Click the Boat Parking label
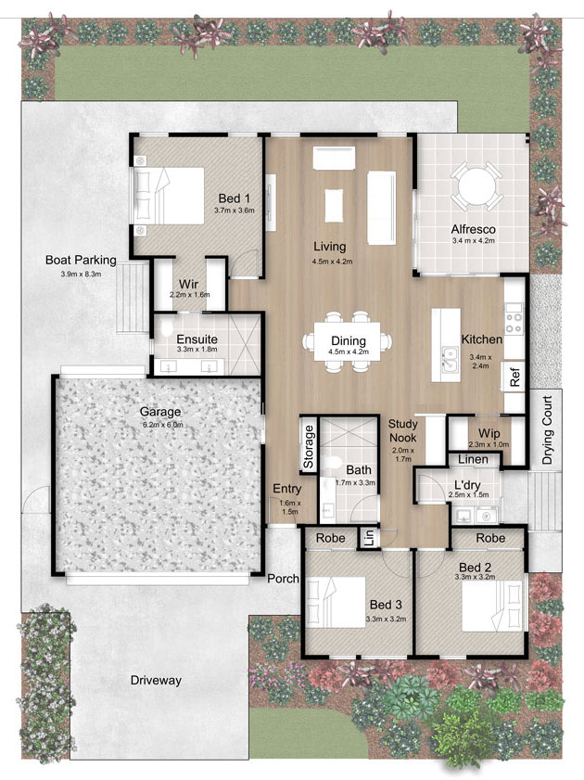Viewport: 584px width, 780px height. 81,260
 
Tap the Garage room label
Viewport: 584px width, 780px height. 160,412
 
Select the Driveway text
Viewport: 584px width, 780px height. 156,680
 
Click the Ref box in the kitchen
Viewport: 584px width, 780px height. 514,376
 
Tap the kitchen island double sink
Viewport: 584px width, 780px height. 451,359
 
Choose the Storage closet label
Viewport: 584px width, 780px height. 308,446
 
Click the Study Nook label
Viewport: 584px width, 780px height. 402,430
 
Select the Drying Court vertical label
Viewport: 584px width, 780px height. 547,429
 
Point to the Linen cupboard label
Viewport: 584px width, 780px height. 473,459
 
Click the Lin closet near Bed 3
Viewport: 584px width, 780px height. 369,538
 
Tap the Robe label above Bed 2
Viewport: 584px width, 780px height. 490,538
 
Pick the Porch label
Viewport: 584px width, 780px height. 284,579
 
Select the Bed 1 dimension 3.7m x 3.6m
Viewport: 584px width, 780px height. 235,211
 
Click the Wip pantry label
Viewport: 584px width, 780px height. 489,433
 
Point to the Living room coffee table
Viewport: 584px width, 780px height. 334,206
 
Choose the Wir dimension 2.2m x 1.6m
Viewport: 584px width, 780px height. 190,295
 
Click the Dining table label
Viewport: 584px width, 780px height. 349,340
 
